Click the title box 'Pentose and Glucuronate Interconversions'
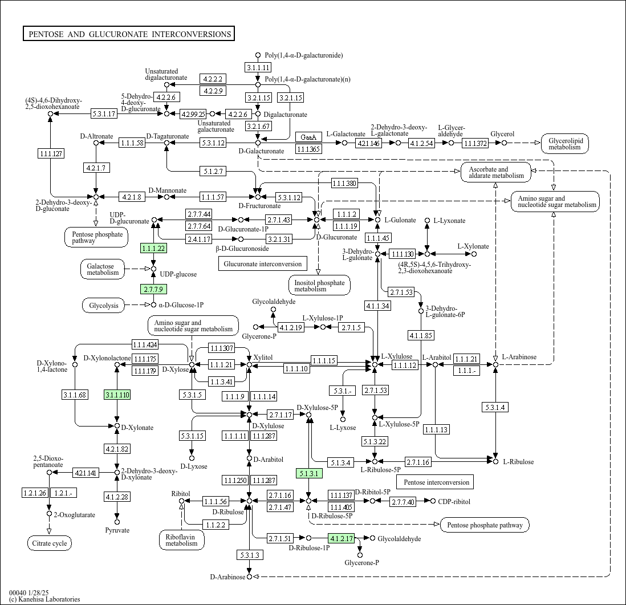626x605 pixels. pyautogui.click(x=128, y=34)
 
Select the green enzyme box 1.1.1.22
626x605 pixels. pyautogui.click(x=153, y=249)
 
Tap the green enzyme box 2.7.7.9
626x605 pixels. pyautogui.click(x=153, y=289)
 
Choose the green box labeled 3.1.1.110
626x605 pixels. pyautogui.click(x=117, y=395)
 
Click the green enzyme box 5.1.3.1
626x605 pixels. pyautogui.click(x=309, y=474)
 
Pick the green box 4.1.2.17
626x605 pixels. pyautogui.click(x=341, y=538)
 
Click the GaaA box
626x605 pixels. pyautogui.click(x=308, y=137)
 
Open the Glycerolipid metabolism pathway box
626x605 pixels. pyautogui.click(x=565, y=143)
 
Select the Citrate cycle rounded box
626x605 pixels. pyautogui.click(x=50, y=543)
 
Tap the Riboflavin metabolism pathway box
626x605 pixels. pyautogui.click(x=182, y=540)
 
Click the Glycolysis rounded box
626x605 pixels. pyautogui.click(x=104, y=306)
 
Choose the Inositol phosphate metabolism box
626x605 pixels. pyautogui.click(x=319, y=286)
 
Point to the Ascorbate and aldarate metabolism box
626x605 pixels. pyautogui.click(x=496, y=172)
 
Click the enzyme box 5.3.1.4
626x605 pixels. pyautogui.click(x=495, y=407)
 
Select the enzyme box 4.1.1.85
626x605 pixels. pyautogui.click(x=421, y=335)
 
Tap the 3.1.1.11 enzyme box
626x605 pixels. pyautogui.click(x=258, y=67)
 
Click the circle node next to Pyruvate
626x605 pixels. pyautogui.click(x=117, y=522)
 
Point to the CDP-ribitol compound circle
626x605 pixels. pyautogui.click(x=433, y=501)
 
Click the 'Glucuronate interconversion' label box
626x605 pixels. pyautogui.click(x=263, y=263)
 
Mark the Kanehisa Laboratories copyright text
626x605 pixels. pyautogui.click(x=44, y=599)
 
